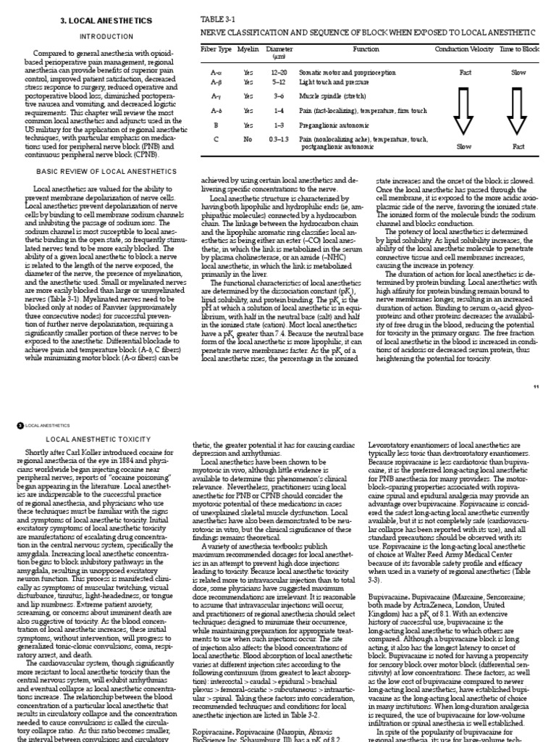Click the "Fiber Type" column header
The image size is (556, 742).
(215, 49)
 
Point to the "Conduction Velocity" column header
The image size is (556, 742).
(465, 49)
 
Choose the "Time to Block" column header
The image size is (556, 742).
(519, 49)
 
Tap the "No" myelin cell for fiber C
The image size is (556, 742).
(248, 138)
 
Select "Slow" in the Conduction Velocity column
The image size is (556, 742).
(465, 146)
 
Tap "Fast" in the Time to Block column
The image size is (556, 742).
(519, 146)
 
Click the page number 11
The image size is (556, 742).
(536, 386)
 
